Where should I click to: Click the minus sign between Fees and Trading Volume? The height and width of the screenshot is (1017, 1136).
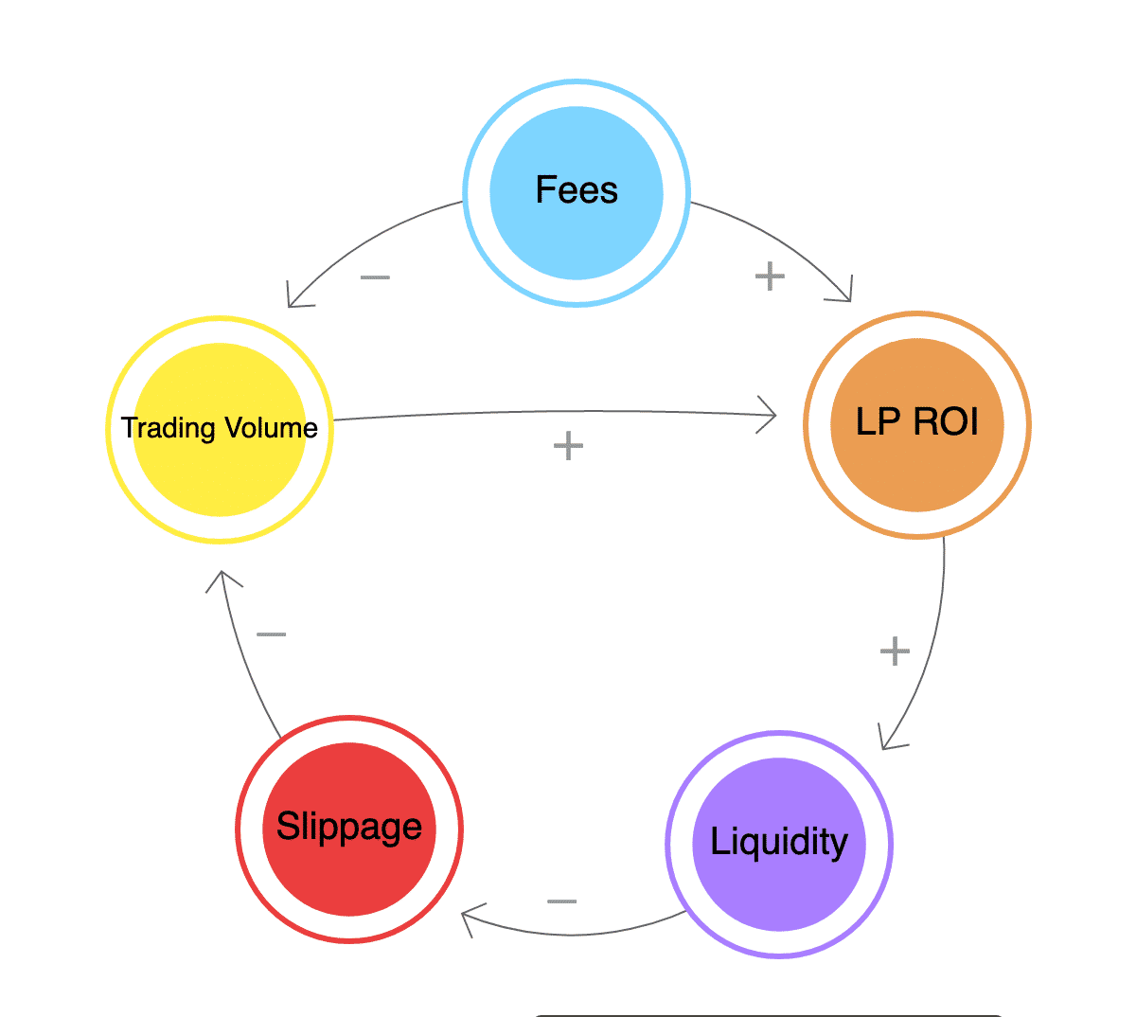376,277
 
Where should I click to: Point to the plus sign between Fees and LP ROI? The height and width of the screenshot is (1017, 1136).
770,277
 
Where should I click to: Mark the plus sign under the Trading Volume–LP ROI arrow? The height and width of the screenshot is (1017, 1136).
568,445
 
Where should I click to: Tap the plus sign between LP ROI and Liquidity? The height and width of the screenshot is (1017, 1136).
895,651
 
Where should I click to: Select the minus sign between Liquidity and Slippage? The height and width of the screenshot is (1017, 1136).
562,901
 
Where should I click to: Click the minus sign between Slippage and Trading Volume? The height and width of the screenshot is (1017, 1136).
272,633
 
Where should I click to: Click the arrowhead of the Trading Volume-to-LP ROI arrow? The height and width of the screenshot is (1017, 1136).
772,415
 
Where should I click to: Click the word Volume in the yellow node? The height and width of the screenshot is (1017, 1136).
272,428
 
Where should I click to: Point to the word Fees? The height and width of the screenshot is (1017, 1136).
577,190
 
